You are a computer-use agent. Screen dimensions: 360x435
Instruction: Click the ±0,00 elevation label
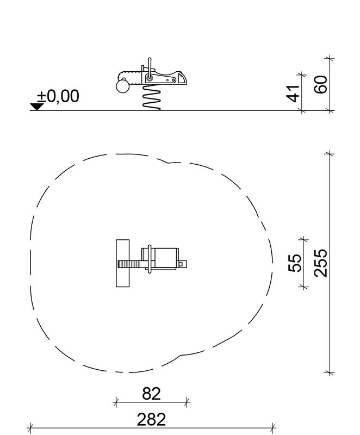pyautogui.click(x=58, y=96)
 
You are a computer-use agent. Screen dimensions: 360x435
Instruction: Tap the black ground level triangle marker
pyautogui.click(x=37, y=107)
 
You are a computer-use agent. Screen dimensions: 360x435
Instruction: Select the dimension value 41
pyautogui.click(x=293, y=94)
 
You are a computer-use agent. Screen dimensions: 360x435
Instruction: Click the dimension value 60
pyautogui.click(x=321, y=84)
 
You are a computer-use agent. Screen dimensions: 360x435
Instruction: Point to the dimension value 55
pyautogui.click(x=295, y=263)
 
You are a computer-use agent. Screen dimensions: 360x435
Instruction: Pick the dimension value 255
pyautogui.click(x=321, y=263)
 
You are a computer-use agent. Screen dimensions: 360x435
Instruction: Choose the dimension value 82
pyautogui.click(x=151, y=393)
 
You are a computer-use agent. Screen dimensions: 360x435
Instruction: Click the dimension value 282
pyautogui.click(x=151, y=419)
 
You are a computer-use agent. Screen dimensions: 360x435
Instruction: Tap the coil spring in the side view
pyautogui.click(x=152, y=97)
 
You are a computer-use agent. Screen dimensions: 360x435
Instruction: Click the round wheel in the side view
pyautogui.click(x=122, y=86)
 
